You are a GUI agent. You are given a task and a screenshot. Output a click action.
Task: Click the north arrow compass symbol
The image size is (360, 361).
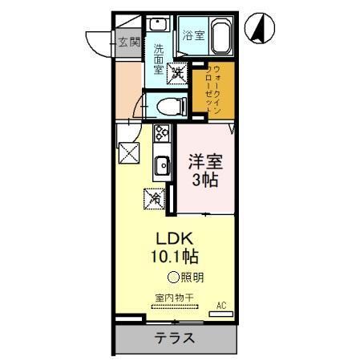(x=260, y=28)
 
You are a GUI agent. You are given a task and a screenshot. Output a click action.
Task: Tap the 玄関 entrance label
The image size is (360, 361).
(x=128, y=42)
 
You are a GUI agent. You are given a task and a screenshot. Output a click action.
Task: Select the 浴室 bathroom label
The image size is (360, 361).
(x=192, y=35)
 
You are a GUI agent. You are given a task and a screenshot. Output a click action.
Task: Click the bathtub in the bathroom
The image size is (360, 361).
(x=220, y=36)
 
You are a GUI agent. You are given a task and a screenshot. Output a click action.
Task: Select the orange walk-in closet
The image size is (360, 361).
(x=212, y=91)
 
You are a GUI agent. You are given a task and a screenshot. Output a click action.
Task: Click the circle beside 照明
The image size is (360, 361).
(x=172, y=278)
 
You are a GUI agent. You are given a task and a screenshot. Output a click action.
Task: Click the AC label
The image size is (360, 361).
(x=221, y=305)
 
